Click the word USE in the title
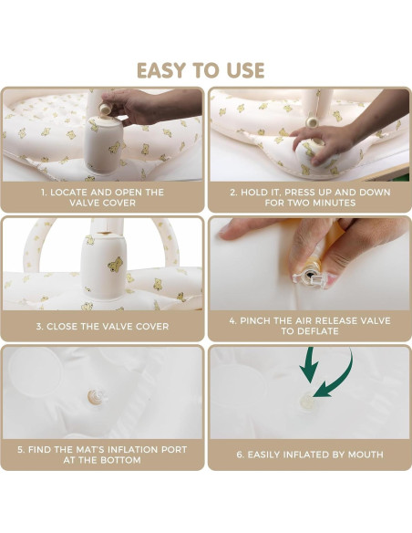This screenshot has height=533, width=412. pyautogui.click(x=245, y=70)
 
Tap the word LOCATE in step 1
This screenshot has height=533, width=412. pyautogui.click(x=69, y=193)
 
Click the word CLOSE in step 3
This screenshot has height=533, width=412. pyautogui.click(x=63, y=327)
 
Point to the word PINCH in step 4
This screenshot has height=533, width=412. pyautogui.click(x=255, y=321)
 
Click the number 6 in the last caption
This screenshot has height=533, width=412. pyautogui.click(x=240, y=455)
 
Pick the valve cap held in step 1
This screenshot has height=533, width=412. pyautogui.click(x=105, y=109)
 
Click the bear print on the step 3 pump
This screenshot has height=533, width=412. pyautogui.click(x=116, y=264)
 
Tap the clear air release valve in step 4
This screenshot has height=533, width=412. pyautogui.click(x=310, y=278)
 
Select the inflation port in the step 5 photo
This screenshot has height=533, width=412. pyautogui.click(x=97, y=396)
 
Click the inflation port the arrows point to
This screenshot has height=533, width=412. pyautogui.click(x=307, y=401)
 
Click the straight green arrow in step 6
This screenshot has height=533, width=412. pyautogui.click(x=309, y=365)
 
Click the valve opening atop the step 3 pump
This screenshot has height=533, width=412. pyautogui.click(x=106, y=234)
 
